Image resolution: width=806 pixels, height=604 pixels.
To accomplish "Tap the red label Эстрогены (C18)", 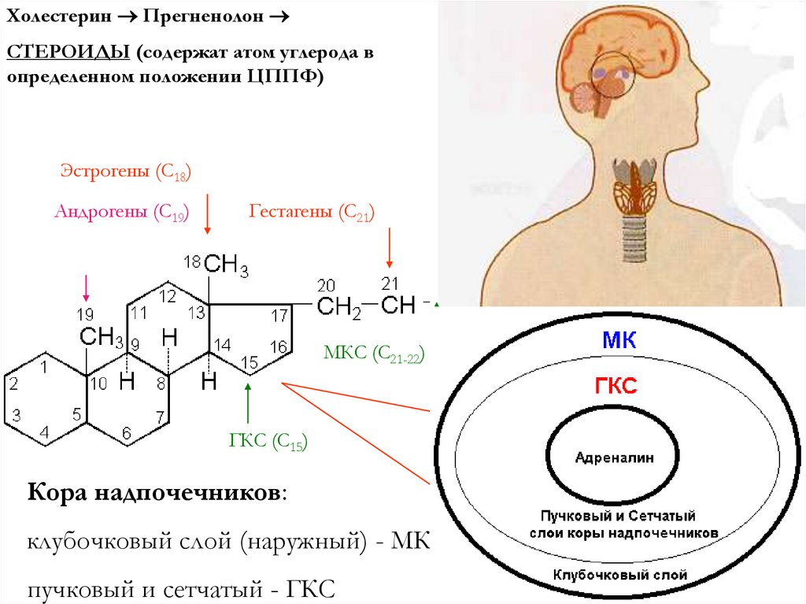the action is click(126, 172).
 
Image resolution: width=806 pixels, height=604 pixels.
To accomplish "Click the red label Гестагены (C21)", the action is click(312, 212).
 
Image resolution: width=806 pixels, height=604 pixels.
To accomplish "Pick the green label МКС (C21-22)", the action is click(374, 353).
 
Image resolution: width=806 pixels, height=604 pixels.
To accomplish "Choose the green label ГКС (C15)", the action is click(268, 442).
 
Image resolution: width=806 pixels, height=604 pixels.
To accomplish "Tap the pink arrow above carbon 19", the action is click(86, 288).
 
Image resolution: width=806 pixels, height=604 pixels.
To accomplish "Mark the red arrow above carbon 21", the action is click(388, 249).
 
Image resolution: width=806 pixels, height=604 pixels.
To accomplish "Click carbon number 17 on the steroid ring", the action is click(279, 316).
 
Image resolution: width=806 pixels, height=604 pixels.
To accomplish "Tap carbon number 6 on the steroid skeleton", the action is click(126, 432).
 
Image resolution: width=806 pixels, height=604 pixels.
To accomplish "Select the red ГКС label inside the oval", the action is click(619, 385).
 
